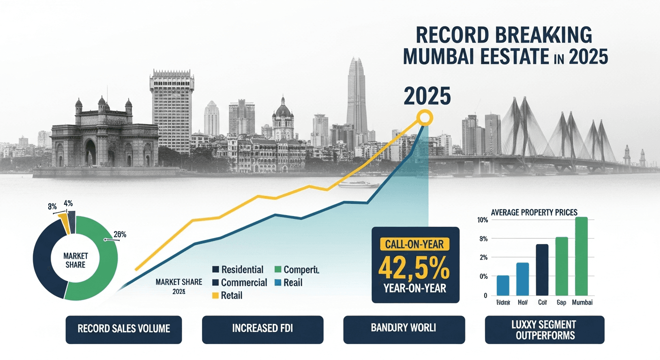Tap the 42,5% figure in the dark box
pos(414,268)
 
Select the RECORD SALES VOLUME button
pos(124,328)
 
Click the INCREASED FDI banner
pos(262,328)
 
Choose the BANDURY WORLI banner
pos(403,328)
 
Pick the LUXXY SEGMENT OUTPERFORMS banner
pos(544,330)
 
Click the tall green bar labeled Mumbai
pos(581,256)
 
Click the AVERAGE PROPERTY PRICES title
pos(534,212)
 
